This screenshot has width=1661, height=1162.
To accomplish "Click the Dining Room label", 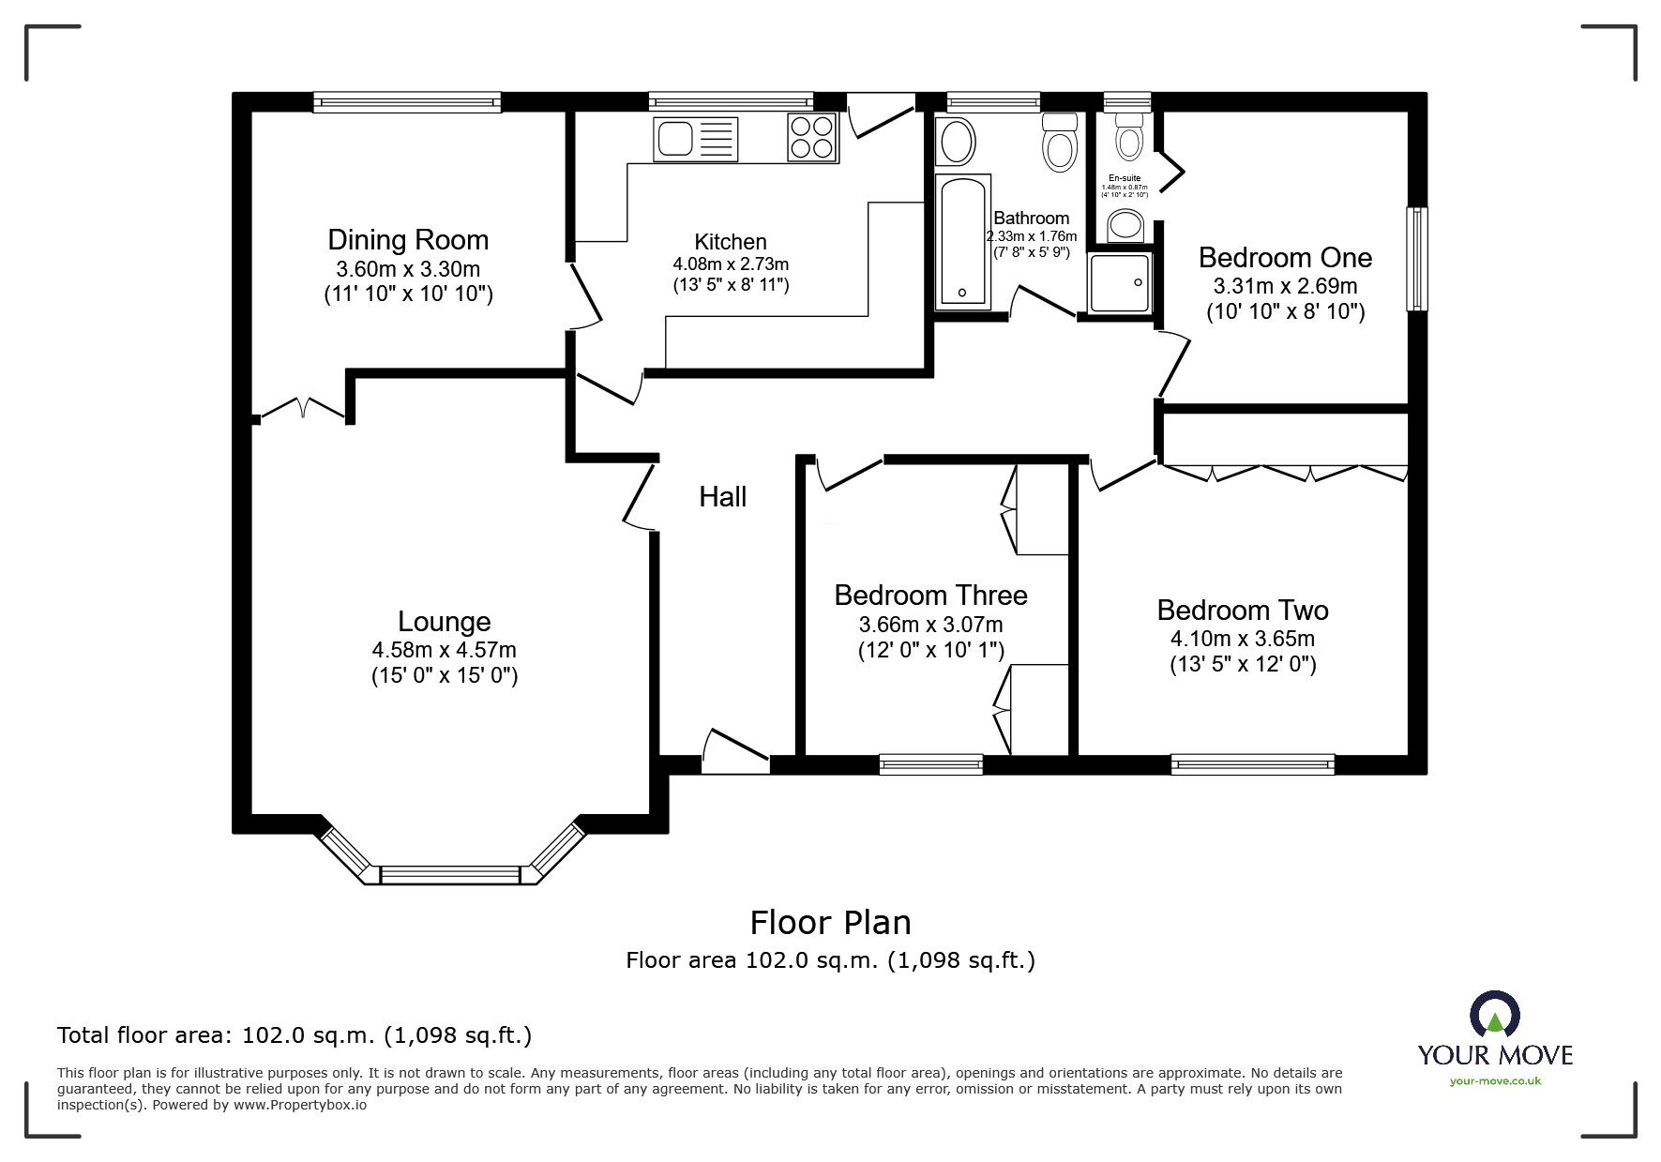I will point(408,240).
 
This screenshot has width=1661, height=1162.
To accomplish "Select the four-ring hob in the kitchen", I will point(812,137).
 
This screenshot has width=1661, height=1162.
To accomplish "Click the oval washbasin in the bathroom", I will point(958,143).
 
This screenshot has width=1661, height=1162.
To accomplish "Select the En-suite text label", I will point(1125,178).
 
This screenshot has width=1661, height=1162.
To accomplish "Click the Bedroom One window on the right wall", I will point(1417,259).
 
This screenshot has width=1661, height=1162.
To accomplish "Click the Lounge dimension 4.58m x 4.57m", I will point(444,650).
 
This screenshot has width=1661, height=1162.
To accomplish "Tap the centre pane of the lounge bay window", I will point(450,874).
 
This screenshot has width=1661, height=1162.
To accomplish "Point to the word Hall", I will point(722,497).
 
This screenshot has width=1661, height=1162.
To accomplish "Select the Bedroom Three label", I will point(930,596).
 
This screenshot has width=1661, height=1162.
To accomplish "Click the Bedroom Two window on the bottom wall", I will point(1253,764).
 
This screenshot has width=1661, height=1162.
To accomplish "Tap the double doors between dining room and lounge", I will point(302,410).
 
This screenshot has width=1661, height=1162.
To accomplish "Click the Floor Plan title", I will point(830,923).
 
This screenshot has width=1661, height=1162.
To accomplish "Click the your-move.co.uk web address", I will point(1495,1081).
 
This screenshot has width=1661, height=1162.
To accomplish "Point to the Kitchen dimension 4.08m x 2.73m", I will point(731,264).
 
